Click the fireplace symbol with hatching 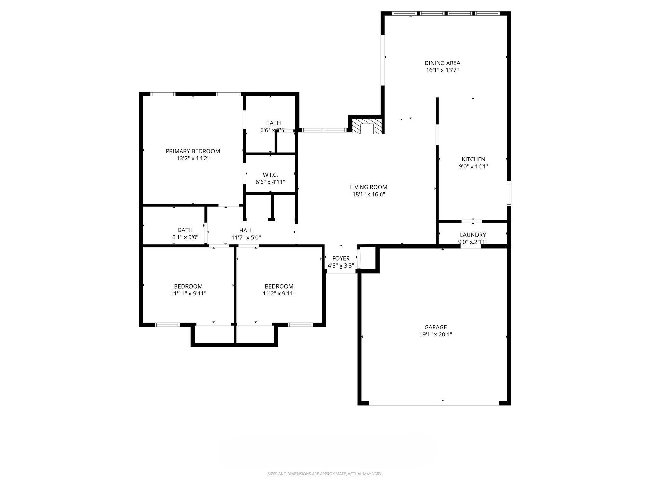pos(367,127)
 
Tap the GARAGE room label pos(435,327)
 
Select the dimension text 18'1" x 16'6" pos(368,194)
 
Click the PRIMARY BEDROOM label pos(193,151)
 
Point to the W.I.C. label pos(270,175)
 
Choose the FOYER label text pos(341,258)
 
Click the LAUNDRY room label pos(473,235)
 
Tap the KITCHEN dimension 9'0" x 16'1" pos(473,166)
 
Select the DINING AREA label pos(442,63)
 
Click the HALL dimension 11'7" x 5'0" pos(246,237)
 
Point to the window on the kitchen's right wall pos(509,193)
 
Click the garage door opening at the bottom pos(434,403)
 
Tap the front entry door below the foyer pos(341,271)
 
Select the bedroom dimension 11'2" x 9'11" pos(279,294)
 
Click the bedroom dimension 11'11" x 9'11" pos(188,294)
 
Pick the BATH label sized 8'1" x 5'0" pos(185,230)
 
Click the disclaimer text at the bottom pos(325,474)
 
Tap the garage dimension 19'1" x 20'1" pos(435,334)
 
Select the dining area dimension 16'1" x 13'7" pos(442,70)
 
